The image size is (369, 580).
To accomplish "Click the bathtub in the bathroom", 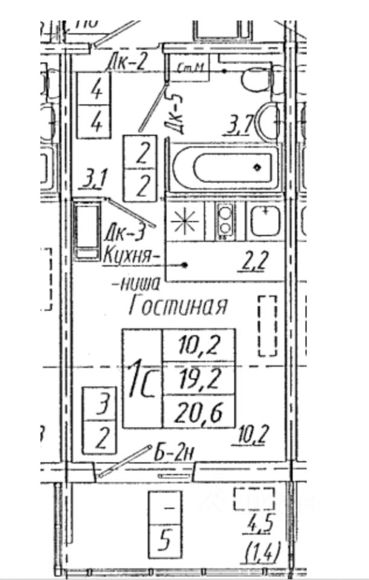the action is [x=225, y=167].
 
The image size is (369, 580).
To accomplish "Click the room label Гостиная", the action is [x=179, y=306].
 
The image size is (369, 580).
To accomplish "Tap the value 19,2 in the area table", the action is [x=199, y=379].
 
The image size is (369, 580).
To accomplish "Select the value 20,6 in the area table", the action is [x=199, y=413].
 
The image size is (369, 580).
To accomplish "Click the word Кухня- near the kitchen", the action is [x=132, y=256].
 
